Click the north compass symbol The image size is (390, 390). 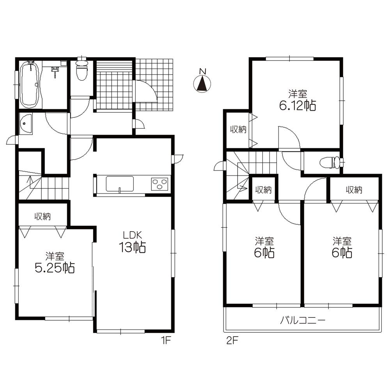pyautogui.click(x=202, y=83)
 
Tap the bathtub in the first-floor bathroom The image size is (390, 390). pyautogui.click(x=30, y=84)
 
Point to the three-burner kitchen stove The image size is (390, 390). pyautogui.click(x=160, y=184)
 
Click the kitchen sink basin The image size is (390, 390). pyautogui.click(x=120, y=184)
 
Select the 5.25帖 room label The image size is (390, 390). pyautogui.click(x=55, y=263)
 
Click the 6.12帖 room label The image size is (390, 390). pyautogui.click(x=298, y=100)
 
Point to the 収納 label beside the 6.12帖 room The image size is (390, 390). pyautogui.click(x=238, y=130)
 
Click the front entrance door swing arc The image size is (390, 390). pyautogui.click(x=146, y=92)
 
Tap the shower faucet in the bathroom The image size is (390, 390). pyautogui.click(x=55, y=70)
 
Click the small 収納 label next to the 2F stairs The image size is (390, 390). pyautogui.click(x=263, y=190)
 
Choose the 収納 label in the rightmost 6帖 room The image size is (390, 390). pyautogui.click(x=354, y=190)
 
